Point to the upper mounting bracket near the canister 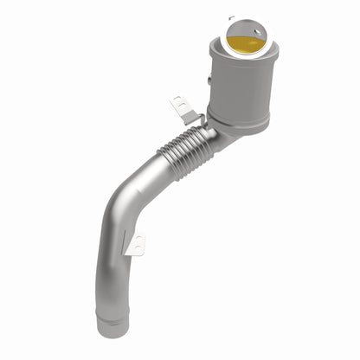[183, 109]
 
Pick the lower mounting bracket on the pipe [136, 246]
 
